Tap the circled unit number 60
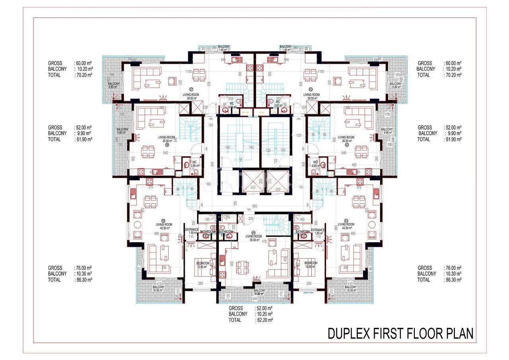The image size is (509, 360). tap(253, 234)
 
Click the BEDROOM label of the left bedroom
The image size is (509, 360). tap(203, 263)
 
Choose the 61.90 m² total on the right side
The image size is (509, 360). tap(453, 139)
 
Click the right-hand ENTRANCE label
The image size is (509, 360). tap(318, 230)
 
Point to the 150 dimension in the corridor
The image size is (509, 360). tap(235, 203)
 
